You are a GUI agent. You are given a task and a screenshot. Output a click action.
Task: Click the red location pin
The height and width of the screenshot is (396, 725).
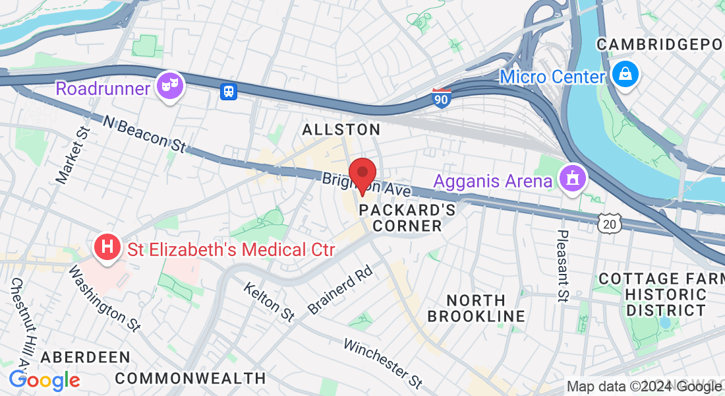[x=362, y=174]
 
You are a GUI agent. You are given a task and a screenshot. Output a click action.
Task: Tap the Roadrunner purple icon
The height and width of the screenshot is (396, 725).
[x=170, y=85]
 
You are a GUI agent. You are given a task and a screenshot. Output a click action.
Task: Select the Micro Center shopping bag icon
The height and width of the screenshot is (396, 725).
[x=623, y=73]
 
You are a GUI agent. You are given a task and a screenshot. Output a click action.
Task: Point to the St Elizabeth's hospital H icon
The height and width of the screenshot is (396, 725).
[x=107, y=247]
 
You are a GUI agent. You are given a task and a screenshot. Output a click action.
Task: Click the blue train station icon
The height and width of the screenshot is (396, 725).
[x=228, y=92]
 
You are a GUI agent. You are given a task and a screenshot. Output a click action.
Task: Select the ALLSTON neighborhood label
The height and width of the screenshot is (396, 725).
[x=341, y=130]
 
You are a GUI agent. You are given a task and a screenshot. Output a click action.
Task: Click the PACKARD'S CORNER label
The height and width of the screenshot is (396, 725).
[x=407, y=218]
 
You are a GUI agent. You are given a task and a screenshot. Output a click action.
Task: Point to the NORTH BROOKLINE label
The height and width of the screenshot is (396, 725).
[x=477, y=308]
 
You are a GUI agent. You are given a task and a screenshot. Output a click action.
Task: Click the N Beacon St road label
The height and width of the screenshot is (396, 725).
[x=144, y=133]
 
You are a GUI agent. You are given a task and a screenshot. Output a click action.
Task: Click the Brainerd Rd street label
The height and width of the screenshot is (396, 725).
[x=341, y=290]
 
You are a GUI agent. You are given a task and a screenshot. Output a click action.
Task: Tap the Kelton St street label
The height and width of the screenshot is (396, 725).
[x=268, y=302]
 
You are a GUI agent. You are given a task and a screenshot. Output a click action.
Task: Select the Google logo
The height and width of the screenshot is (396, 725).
[x=44, y=380]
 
